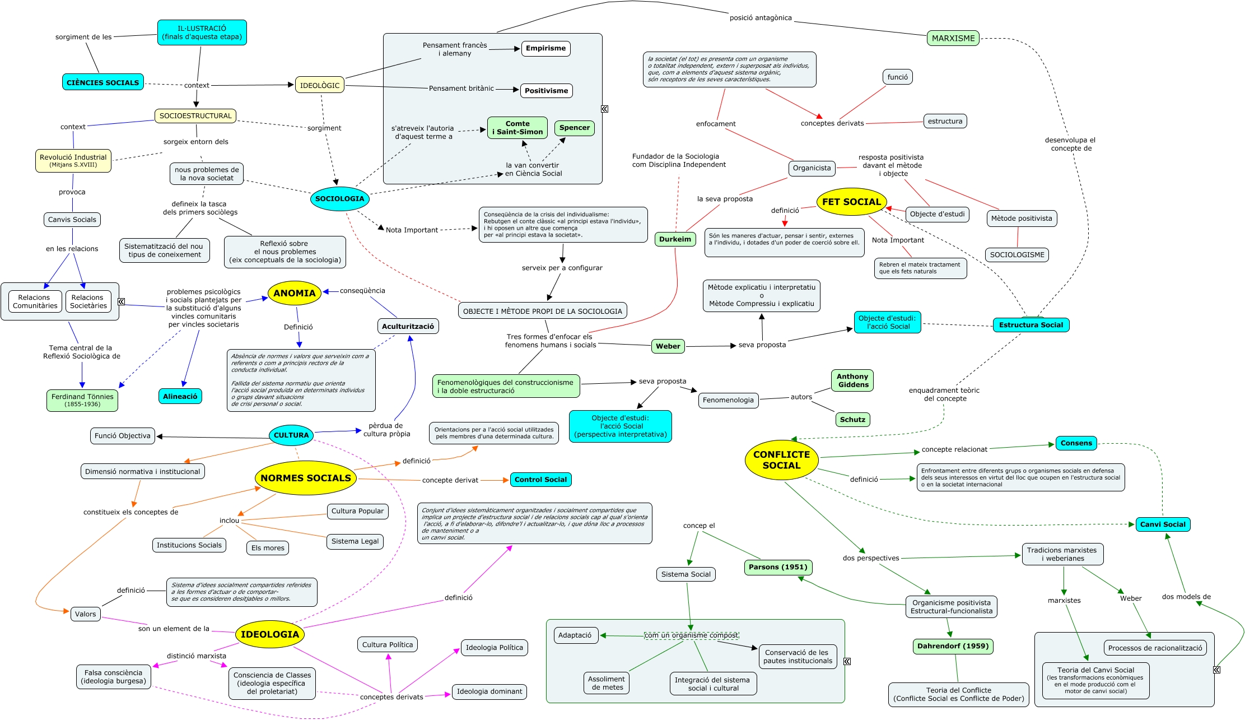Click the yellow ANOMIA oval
click(295, 293)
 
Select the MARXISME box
click(953, 38)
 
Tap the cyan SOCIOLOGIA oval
click(339, 199)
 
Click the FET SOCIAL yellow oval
click(851, 202)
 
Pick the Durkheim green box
click(675, 239)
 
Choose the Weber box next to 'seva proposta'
click(668, 346)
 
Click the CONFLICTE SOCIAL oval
click(781, 460)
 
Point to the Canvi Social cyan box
click(1163, 524)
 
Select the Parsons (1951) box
click(778, 567)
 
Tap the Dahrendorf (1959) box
click(953, 646)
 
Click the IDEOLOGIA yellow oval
click(270, 634)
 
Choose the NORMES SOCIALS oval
click(306, 478)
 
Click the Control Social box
click(540, 480)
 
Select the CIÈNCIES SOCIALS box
click(103, 82)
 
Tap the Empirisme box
click(545, 48)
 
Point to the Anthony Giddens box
click(852, 380)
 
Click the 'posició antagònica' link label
click(761, 18)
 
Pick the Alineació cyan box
click(180, 396)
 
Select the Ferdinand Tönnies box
click(82, 400)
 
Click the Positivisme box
click(546, 91)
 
